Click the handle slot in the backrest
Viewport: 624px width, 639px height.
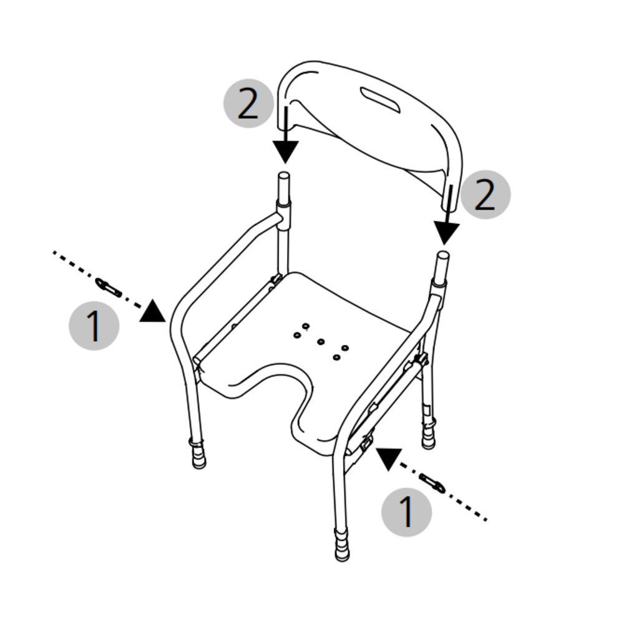tap(381, 100)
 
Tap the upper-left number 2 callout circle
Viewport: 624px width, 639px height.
tap(248, 103)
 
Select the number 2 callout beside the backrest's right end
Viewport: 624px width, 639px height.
tap(485, 195)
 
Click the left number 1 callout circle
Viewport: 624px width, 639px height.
tap(94, 325)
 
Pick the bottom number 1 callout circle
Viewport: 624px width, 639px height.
tap(406, 512)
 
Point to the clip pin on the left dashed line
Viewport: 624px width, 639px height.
tap(109, 287)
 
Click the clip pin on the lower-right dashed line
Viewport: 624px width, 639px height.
tap(432, 483)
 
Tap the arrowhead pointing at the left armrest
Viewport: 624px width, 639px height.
tap(153, 311)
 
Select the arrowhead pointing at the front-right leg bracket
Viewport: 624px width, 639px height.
tap(388, 458)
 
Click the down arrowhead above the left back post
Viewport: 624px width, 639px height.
tap(286, 152)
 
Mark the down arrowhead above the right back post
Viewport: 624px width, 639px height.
tap(446, 233)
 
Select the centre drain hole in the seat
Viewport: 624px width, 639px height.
tap(321, 341)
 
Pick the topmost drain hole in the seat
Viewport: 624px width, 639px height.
tap(305, 326)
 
